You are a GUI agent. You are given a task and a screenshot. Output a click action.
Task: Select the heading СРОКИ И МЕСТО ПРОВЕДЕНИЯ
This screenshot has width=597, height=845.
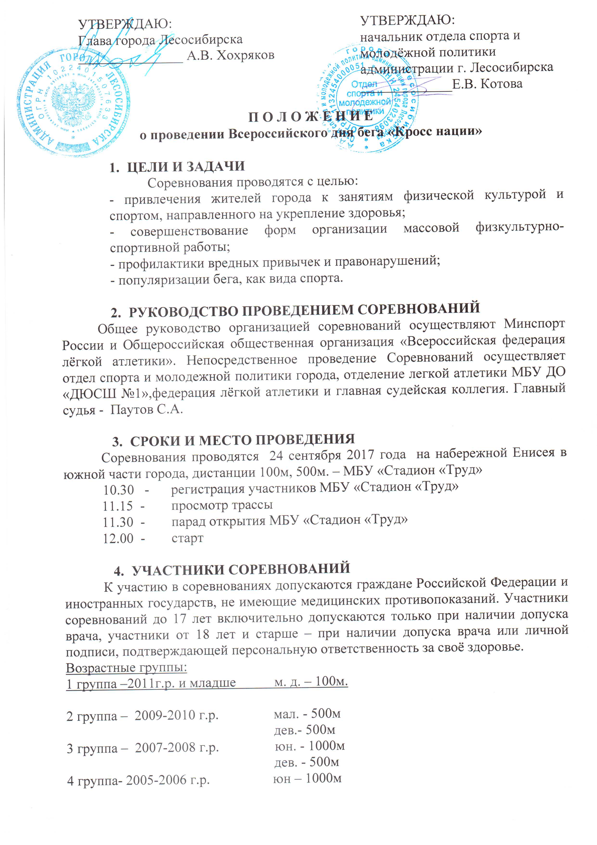(242, 439)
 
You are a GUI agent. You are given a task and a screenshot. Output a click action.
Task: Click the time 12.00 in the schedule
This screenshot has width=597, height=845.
(118, 539)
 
